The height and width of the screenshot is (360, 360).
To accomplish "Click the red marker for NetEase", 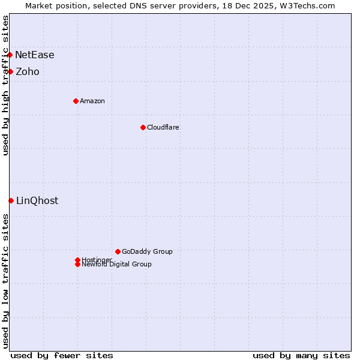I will click(x=10, y=55).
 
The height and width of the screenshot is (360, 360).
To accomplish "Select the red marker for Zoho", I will click(x=10, y=71).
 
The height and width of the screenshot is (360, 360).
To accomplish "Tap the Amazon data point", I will click(x=76, y=101).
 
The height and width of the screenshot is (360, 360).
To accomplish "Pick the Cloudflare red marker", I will click(x=143, y=127).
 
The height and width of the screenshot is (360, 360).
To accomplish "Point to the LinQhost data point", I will click(x=11, y=200).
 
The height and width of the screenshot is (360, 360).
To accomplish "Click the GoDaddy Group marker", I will click(x=118, y=251).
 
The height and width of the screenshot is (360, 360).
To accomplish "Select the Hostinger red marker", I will click(x=77, y=260).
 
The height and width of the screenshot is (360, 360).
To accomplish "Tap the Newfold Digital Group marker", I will click(x=77, y=264).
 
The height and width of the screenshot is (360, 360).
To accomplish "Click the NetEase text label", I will click(x=35, y=55).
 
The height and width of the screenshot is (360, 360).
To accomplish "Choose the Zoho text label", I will click(x=28, y=71).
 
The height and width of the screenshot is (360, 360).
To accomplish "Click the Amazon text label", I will click(x=92, y=101).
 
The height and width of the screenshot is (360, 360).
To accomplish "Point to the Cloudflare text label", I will click(x=163, y=127).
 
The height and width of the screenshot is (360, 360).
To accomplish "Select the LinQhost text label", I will click(x=37, y=200).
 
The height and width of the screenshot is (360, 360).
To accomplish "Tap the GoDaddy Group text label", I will click(x=147, y=251).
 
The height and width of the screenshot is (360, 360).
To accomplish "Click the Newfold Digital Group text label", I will click(x=117, y=265).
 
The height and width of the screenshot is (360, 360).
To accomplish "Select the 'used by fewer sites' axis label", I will click(x=62, y=355).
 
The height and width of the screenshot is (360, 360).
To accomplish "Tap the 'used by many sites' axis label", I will click(x=301, y=355).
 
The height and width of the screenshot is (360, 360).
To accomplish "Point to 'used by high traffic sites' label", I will click(x=5, y=85).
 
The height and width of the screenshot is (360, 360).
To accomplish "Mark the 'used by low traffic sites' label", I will click(x=5, y=281).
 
